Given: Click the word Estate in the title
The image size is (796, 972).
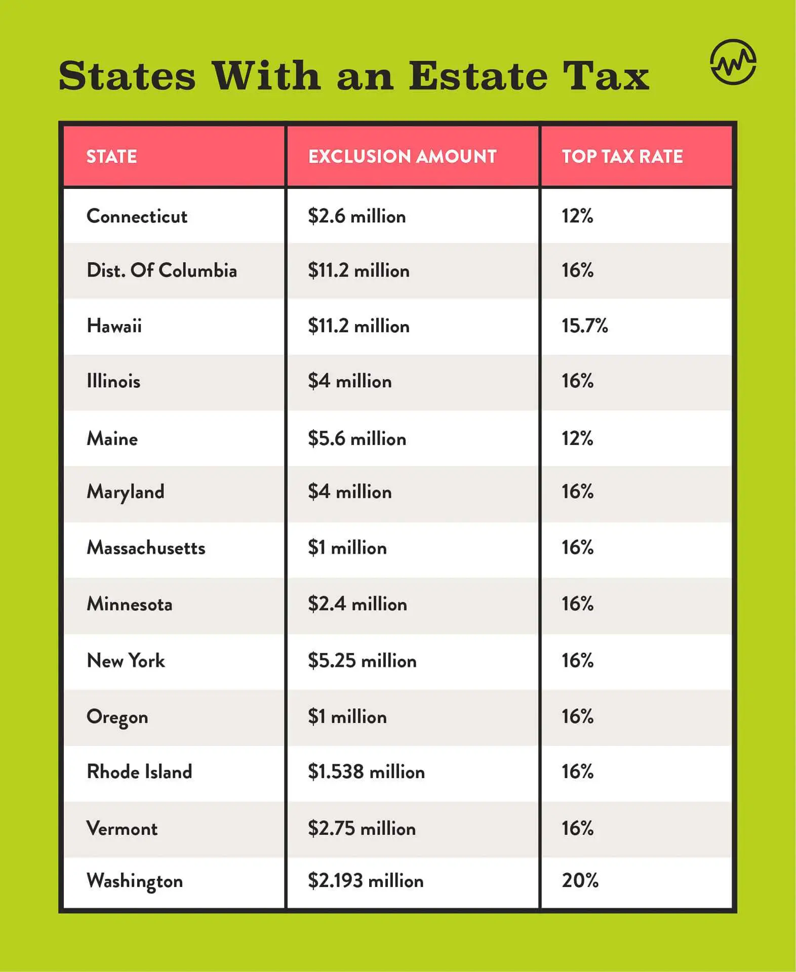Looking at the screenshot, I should (478, 76).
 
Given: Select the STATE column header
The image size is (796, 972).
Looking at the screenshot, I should (111, 156).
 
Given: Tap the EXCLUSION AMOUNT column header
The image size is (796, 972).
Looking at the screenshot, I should (402, 156).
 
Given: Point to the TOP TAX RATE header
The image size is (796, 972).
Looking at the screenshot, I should (622, 156).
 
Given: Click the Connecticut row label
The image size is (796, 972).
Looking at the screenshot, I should (137, 216).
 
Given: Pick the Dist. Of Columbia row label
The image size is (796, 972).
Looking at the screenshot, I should (162, 270).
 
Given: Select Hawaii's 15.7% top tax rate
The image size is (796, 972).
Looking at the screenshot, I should (584, 326).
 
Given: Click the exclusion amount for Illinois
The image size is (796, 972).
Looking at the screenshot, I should (349, 381).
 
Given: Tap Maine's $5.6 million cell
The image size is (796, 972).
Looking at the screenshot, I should (356, 438).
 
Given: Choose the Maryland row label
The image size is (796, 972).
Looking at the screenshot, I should (126, 492).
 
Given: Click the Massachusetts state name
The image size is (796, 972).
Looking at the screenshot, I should (146, 548).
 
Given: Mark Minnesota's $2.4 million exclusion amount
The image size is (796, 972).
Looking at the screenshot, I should (357, 604).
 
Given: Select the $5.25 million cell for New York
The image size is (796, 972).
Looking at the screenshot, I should (362, 661).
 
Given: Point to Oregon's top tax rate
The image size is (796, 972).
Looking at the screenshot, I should (577, 716).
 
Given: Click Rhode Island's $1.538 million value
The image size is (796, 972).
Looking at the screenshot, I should (366, 772).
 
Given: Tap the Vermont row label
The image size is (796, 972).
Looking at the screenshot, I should (122, 828).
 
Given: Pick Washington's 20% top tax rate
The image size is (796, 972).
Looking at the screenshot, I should (580, 880).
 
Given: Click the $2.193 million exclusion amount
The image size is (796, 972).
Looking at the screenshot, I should (365, 880).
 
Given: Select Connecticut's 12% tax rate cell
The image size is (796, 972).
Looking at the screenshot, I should (577, 216).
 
